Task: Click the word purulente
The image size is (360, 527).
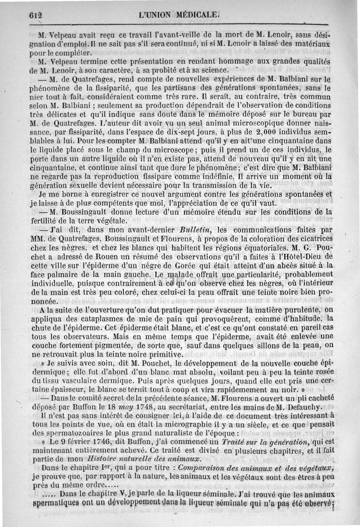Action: (x=285, y=309)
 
